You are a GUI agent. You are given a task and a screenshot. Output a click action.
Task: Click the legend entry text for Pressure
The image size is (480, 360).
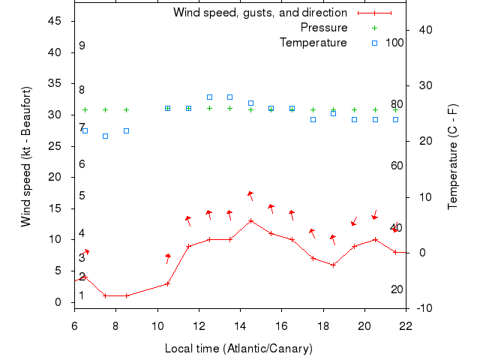click(x=323, y=28)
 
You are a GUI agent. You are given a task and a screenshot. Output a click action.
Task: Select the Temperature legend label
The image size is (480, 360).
click(x=313, y=43)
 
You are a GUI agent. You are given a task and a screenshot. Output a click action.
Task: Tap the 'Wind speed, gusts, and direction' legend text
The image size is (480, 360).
click(x=259, y=13)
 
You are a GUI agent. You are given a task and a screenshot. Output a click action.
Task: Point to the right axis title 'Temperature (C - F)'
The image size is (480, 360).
click(x=452, y=156)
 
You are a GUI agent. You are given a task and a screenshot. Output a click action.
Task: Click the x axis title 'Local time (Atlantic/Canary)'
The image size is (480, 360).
click(x=238, y=349)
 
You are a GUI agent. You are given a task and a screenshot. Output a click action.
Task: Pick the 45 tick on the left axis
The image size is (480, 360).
click(x=55, y=21)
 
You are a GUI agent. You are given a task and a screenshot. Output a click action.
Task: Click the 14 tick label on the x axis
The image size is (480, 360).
click(x=240, y=325)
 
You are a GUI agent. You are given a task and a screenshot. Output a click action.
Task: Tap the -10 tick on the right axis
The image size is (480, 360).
click(x=421, y=308)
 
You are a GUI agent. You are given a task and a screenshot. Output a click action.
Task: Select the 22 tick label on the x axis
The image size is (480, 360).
click(x=406, y=325)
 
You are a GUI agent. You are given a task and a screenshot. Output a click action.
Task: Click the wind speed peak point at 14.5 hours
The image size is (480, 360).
click(x=250, y=220)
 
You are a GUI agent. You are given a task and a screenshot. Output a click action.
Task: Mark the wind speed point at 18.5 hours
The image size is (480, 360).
click(x=334, y=265)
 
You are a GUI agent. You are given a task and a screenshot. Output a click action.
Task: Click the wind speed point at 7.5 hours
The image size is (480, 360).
click(x=106, y=295)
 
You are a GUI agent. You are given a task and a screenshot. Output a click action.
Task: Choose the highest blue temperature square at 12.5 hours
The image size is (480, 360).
click(x=209, y=97)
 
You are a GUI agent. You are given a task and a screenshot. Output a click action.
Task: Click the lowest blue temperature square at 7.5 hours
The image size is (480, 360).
click(x=106, y=136)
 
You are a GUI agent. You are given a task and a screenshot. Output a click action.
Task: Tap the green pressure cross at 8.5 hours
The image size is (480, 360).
click(x=126, y=109)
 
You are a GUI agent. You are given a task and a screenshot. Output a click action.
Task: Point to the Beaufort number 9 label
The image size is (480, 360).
click(x=82, y=46)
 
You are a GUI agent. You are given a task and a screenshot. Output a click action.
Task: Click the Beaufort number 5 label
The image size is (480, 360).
click(x=82, y=196)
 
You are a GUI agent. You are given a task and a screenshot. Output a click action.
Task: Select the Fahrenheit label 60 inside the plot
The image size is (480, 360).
click(x=397, y=166)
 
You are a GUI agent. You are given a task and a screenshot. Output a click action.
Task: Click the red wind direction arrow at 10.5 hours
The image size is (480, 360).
click(x=168, y=258)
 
